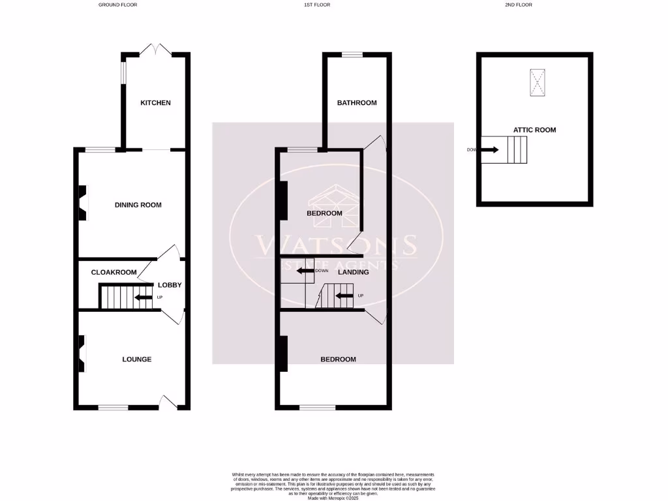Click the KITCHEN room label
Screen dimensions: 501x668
point(155,103)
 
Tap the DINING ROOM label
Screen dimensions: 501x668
point(138,205)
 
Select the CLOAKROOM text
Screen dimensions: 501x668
point(114,272)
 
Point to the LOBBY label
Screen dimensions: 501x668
point(170,285)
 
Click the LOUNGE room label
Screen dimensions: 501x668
point(137,359)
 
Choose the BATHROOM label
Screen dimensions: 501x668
point(357,103)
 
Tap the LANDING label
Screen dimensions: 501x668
point(353,272)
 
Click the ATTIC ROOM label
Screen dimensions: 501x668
point(534,130)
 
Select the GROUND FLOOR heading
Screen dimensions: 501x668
point(117,5)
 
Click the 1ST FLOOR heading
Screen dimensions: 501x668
point(317,5)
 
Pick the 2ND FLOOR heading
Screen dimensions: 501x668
point(519,5)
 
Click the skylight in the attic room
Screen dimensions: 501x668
point(537,83)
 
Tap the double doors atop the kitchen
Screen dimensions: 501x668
point(156,49)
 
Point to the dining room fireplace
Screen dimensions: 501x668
point(83,202)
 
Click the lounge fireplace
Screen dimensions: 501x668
point(82,353)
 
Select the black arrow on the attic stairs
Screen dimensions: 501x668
point(491,149)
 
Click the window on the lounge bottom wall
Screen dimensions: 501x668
point(114,408)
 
